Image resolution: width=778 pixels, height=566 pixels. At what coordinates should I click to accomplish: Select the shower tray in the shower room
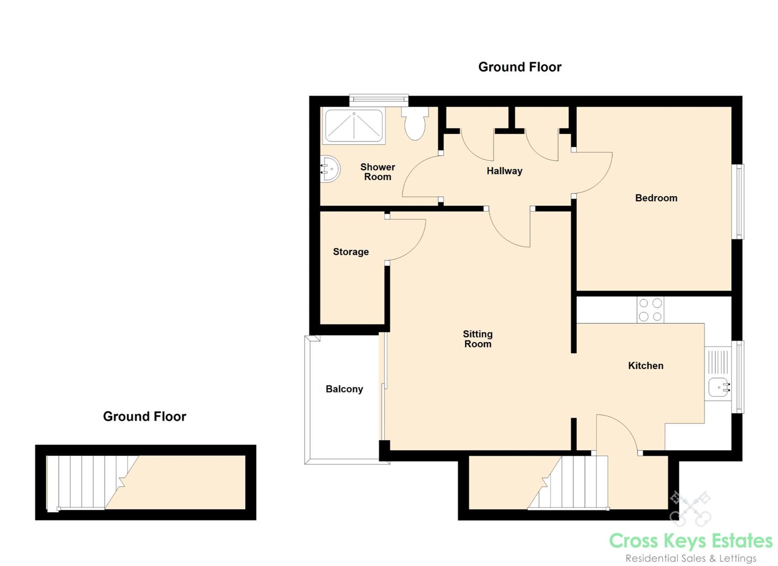click(353, 126)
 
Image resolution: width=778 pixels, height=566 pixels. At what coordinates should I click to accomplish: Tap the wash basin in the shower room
click(330, 169)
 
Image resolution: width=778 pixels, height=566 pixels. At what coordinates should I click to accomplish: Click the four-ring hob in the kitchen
click(650, 310)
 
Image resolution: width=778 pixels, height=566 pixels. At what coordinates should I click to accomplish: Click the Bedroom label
click(656, 198)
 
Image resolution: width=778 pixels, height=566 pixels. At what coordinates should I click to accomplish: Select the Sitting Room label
click(477, 339)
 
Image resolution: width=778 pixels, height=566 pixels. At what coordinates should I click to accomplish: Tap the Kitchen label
click(645, 366)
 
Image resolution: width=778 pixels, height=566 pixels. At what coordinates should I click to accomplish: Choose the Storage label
click(350, 252)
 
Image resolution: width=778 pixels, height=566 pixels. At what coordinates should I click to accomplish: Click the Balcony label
click(344, 389)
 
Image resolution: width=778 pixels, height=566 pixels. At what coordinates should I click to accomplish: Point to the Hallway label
click(504, 171)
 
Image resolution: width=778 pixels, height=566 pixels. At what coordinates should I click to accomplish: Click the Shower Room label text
click(377, 172)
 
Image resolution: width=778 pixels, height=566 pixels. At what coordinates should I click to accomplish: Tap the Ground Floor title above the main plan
click(519, 67)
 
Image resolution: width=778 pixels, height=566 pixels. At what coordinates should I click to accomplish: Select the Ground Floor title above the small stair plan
click(144, 417)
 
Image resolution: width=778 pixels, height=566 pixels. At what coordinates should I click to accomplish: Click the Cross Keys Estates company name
click(691, 541)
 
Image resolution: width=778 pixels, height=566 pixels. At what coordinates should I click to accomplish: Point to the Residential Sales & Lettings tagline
click(691, 558)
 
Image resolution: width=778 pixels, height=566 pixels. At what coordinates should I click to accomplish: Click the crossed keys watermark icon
click(690, 508)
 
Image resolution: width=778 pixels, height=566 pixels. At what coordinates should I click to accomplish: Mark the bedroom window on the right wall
click(738, 202)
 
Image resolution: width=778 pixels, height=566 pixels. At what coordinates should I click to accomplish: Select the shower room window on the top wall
click(379, 99)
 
